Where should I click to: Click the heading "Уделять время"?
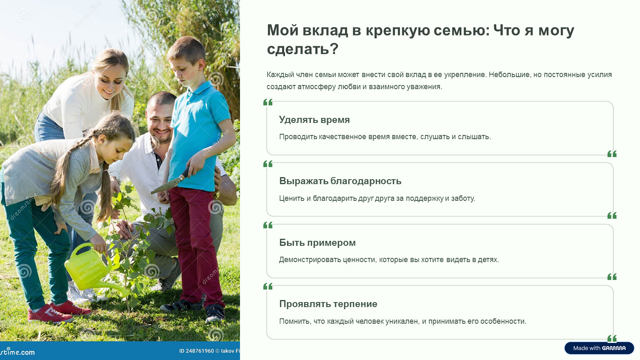pyautogui.click(x=314, y=120)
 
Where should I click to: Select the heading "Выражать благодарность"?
pyautogui.click(x=340, y=181)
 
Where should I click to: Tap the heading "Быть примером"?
pyautogui.click(x=317, y=242)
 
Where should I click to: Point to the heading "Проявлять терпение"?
pyautogui.click(x=328, y=304)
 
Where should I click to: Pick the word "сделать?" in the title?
pyautogui.click(x=302, y=49)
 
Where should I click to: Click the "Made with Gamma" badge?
pyautogui.click(x=599, y=348)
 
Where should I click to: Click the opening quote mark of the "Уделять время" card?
pyautogui.click(x=268, y=102)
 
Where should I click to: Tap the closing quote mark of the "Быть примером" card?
pyautogui.click(x=612, y=277)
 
